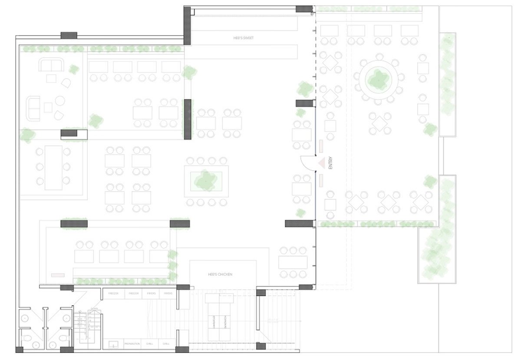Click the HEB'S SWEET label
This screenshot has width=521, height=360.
(x=243, y=38)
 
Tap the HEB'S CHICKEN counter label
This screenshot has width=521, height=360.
(x=220, y=274)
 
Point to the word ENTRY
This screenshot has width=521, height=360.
(x=330, y=163)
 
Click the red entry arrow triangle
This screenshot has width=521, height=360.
(x=322, y=163)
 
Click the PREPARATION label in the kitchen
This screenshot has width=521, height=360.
(x=132, y=344)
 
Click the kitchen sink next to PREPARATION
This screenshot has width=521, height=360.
(x=113, y=344)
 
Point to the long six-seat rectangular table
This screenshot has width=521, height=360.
(x=53, y=167)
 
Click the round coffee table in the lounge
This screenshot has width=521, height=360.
(x=60, y=101)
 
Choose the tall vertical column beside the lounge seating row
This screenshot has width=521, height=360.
(x=188, y=119)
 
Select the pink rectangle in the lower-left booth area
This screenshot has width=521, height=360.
(x=57, y=275)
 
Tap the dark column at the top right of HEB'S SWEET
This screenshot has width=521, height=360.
(x=304, y=9)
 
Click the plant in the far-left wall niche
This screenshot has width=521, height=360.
(x=27, y=135)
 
